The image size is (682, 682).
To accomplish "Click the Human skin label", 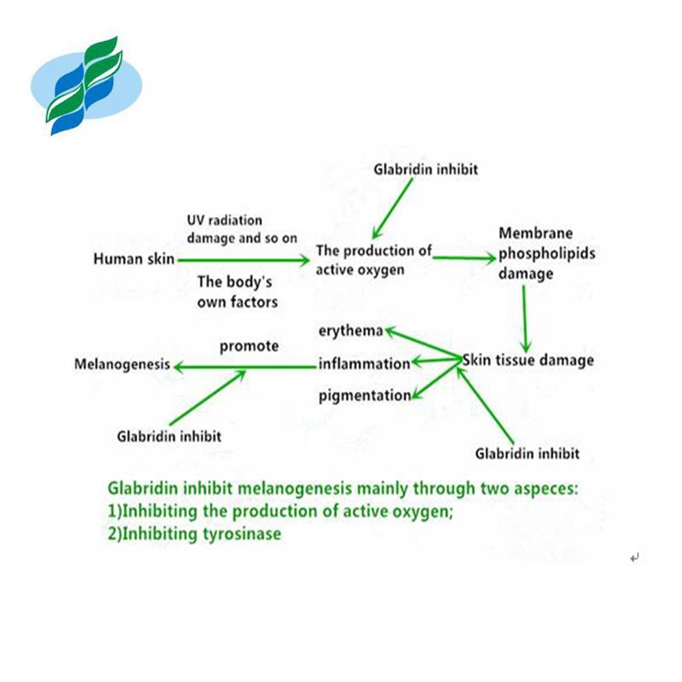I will [x=134, y=259].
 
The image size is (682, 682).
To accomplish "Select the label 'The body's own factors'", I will [x=237, y=291].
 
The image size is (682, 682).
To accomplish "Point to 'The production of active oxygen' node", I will [x=373, y=260].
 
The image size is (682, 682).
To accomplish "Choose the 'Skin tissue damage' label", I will [x=528, y=361].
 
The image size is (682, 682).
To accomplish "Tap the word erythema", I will [x=351, y=331].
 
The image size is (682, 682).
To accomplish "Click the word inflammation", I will [x=364, y=364].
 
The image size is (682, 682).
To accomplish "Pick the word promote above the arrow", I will [x=249, y=346].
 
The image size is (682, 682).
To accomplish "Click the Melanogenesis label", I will [x=122, y=365].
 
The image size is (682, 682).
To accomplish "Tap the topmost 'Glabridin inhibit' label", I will [x=426, y=170].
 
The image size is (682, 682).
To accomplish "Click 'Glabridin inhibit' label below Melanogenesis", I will [x=168, y=436].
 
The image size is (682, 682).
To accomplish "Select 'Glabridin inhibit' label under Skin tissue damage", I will [x=527, y=454].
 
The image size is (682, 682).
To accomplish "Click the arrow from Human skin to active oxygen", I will [x=242, y=260].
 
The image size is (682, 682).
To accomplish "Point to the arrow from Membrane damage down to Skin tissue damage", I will [x=524, y=317].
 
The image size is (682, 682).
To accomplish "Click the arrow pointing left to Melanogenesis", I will [x=246, y=367].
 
